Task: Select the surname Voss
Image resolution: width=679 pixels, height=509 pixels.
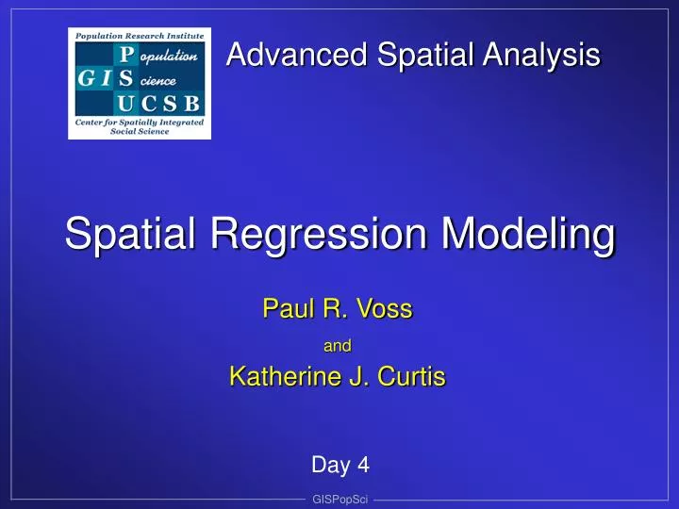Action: pyautogui.click(x=387, y=308)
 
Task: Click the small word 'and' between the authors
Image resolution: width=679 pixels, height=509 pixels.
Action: pyautogui.click(x=338, y=346)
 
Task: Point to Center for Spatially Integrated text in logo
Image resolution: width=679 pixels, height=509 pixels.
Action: pyautogui.click(x=139, y=123)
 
